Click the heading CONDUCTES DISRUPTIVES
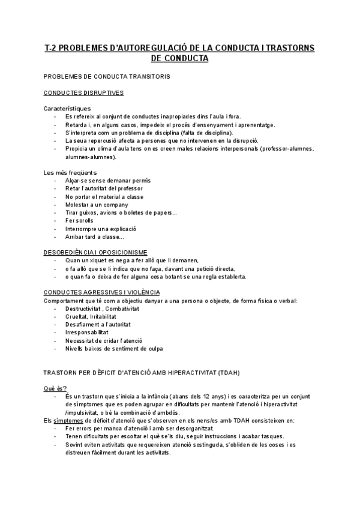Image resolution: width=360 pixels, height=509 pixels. [84, 93]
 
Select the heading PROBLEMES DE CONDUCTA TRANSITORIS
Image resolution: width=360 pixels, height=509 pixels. [107, 77]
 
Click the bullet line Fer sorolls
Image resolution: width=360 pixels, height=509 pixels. [80, 221]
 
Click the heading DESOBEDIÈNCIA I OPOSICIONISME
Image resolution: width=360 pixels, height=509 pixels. [96, 253]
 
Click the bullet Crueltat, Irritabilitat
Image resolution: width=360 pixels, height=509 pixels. [91, 316]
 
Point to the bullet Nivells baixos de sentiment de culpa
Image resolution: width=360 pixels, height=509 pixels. [114, 348]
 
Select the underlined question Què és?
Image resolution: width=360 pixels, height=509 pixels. [56, 388]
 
